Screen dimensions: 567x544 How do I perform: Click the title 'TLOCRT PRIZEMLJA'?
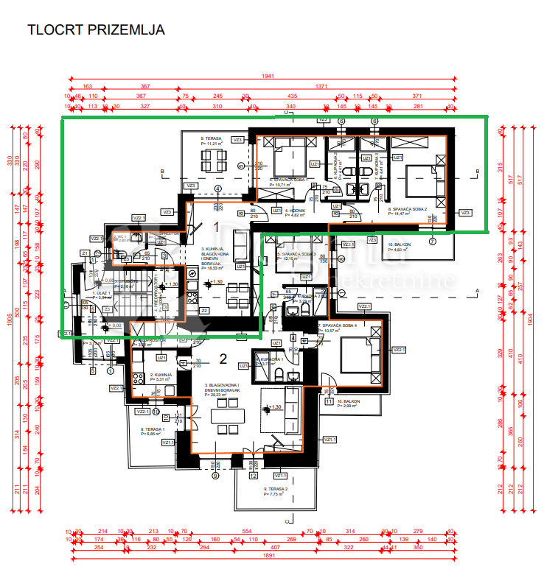click(96, 30)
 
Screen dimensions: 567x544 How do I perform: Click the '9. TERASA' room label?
click(212, 138)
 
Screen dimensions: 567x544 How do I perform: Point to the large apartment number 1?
click(217, 227)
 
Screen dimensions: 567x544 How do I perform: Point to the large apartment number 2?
click(223, 359)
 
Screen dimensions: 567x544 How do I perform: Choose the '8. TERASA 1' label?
click(152, 429)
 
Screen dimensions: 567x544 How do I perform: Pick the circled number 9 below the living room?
click(216, 476)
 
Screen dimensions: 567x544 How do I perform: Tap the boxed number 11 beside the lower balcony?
click(329, 401)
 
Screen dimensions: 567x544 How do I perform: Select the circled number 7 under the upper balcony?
click(432, 242)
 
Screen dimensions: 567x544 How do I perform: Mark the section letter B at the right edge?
click(478, 172)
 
